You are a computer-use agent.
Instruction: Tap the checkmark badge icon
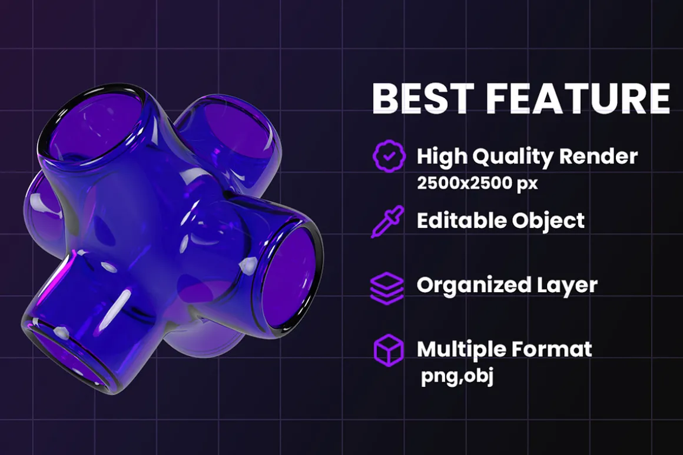click(x=389, y=156)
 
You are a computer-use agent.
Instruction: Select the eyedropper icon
click(x=387, y=222)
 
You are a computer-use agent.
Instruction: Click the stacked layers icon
click(x=387, y=287)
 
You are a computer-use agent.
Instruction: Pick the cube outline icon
click(x=389, y=350)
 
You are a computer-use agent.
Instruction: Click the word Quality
click(x=513, y=157)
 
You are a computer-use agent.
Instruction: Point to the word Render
click(x=598, y=156)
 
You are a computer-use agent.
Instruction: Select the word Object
click(x=548, y=222)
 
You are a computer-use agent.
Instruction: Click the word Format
click(x=552, y=349)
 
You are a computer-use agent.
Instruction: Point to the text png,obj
click(x=457, y=376)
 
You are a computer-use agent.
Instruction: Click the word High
click(x=441, y=157)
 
